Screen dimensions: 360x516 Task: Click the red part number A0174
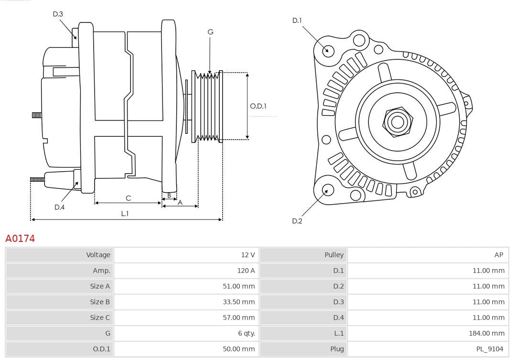(20, 238)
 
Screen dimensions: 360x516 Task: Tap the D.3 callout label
(58, 14)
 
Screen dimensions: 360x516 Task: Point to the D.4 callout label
(59, 207)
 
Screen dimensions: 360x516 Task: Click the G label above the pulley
(210, 32)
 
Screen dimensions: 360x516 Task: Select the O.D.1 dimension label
(258, 106)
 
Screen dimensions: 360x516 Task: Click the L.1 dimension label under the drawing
(125, 214)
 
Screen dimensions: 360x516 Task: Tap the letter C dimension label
(128, 198)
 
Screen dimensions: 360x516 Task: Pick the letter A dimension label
(180, 202)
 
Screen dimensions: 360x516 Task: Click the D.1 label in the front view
(297, 20)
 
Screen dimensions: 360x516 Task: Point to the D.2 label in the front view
(297, 221)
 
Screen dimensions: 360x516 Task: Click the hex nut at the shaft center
(397, 122)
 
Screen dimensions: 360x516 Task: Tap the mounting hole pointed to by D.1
(328, 50)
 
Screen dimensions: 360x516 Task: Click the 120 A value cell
(246, 271)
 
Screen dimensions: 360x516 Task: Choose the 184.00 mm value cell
(485, 333)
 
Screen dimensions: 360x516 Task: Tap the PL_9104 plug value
(489, 349)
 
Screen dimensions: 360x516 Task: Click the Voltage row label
(98, 255)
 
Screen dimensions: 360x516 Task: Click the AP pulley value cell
(498, 255)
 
